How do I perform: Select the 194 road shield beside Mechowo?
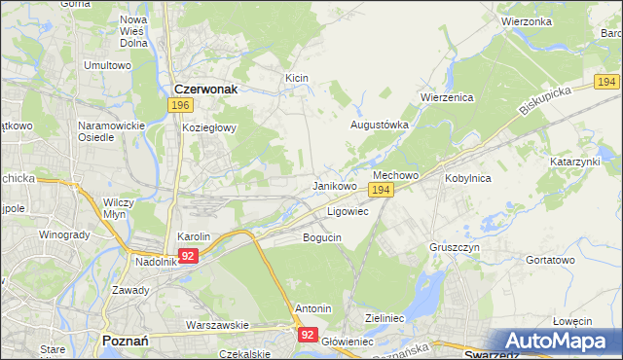[x=382, y=191]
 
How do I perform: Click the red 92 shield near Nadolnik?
[x=189, y=256]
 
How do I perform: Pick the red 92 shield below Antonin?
[x=308, y=334]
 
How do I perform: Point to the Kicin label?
[x=296, y=76]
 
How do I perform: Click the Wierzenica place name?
[x=446, y=97]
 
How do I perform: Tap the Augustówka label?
[x=380, y=125]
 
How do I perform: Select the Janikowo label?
[x=334, y=185]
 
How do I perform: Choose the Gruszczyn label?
[x=454, y=247]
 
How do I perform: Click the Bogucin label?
[x=322, y=236]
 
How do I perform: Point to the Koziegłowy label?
[x=204, y=127]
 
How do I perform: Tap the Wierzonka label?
[x=527, y=20]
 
